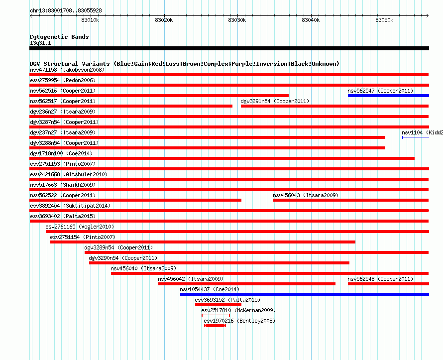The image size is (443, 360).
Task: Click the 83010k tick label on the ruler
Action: coord(90,20)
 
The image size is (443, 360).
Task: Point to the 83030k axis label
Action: coord(237,20)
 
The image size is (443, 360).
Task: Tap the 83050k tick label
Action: coord(384,20)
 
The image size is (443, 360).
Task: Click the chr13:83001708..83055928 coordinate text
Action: coord(66,11)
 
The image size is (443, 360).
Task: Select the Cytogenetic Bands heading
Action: coord(59,37)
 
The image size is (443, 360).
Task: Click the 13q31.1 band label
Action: coord(40,43)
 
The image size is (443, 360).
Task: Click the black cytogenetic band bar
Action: coord(229,48)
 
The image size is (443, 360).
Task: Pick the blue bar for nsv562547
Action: coord(388,96)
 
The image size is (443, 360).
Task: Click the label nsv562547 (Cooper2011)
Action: coord(380,91)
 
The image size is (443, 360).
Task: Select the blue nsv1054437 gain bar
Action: coord(305,294)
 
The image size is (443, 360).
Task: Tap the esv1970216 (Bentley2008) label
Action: coord(239,321)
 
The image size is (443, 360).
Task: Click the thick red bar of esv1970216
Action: coord(215,326)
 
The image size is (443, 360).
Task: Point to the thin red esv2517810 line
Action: coord(216,315)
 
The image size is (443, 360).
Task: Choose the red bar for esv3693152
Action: coord(218,305)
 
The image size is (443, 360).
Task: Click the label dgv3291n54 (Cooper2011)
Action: coord(275,101)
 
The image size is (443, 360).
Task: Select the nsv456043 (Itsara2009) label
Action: coord(306,195)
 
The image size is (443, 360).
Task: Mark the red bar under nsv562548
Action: coord(388,284)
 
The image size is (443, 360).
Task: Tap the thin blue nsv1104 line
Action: coord(416,137)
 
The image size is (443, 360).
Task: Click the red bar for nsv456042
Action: coord(247,284)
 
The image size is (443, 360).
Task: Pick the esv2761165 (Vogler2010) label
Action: coord(80,227)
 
